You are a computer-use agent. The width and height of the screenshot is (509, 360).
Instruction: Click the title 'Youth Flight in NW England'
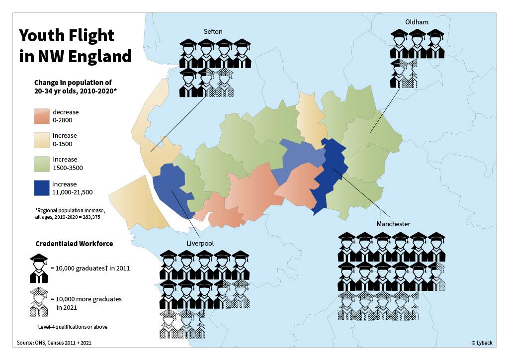(x=75, y=46)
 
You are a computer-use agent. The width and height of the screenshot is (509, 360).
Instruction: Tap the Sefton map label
(x=213, y=32)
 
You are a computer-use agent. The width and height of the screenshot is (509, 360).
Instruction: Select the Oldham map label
(x=416, y=22)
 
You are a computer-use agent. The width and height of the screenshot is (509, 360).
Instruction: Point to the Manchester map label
(x=393, y=224)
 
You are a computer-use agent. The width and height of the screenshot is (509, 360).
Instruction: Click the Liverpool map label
(x=200, y=243)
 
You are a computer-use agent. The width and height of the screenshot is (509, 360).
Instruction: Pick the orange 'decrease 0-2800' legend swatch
(x=41, y=116)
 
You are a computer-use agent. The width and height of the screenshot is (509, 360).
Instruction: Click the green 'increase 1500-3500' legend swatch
(x=41, y=164)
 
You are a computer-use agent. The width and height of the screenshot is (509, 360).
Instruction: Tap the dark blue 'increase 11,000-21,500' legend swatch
(x=41, y=188)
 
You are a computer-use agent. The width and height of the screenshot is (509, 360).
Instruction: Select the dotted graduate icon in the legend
(x=38, y=301)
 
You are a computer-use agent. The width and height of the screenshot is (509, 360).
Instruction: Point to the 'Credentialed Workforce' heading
(x=74, y=244)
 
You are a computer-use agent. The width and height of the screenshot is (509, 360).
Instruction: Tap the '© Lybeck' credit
(x=482, y=343)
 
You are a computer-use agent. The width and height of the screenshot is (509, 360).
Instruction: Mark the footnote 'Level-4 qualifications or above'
(x=72, y=327)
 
